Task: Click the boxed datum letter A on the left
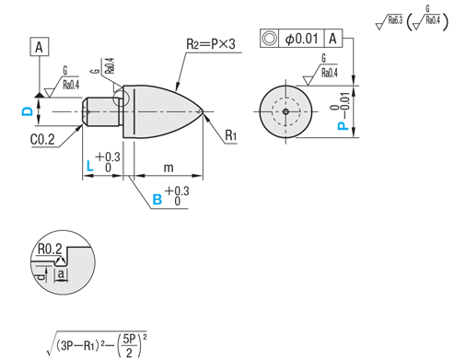39,47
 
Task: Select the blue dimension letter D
28,111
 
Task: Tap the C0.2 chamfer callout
42,140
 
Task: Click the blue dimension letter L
89,166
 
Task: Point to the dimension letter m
169,168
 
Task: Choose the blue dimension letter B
157,200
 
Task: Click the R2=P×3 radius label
211,43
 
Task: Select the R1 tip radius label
230,135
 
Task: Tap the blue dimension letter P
344,126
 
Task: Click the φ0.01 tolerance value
301,39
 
